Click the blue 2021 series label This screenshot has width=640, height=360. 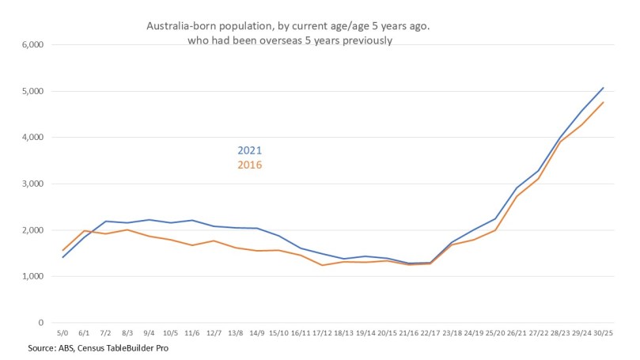pyautogui.click(x=249, y=151)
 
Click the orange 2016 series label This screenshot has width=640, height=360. pyautogui.click(x=249, y=165)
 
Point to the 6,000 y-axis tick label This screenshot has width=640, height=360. pyautogui.click(x=30, y=45)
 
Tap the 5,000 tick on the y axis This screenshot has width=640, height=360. pyautogui.click(x=30, y=91)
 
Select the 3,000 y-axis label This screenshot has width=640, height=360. pyautogui.click(x=30, y=184)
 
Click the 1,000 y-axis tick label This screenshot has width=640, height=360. pyautogui.click(x=30, y=277)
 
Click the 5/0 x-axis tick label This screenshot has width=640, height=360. pyautogui.click(x=62, y=333)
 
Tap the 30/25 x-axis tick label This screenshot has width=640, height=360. pyautogui.click(x=603, y=333)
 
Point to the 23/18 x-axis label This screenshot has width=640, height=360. pyautogui.click(x=452, y=333)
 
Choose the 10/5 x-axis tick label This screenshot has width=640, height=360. pyautogui.click(x=171, y=333)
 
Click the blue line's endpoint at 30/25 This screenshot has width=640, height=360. pyautogui.click(x=603, y=88)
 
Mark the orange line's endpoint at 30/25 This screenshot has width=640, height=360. pyautogui.click(x=603, y=102)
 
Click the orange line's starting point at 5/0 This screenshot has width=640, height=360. pyautogui.click(x=62, y=251)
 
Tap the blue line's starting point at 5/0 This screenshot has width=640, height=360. pyautogui.click(x=62, y=257)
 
